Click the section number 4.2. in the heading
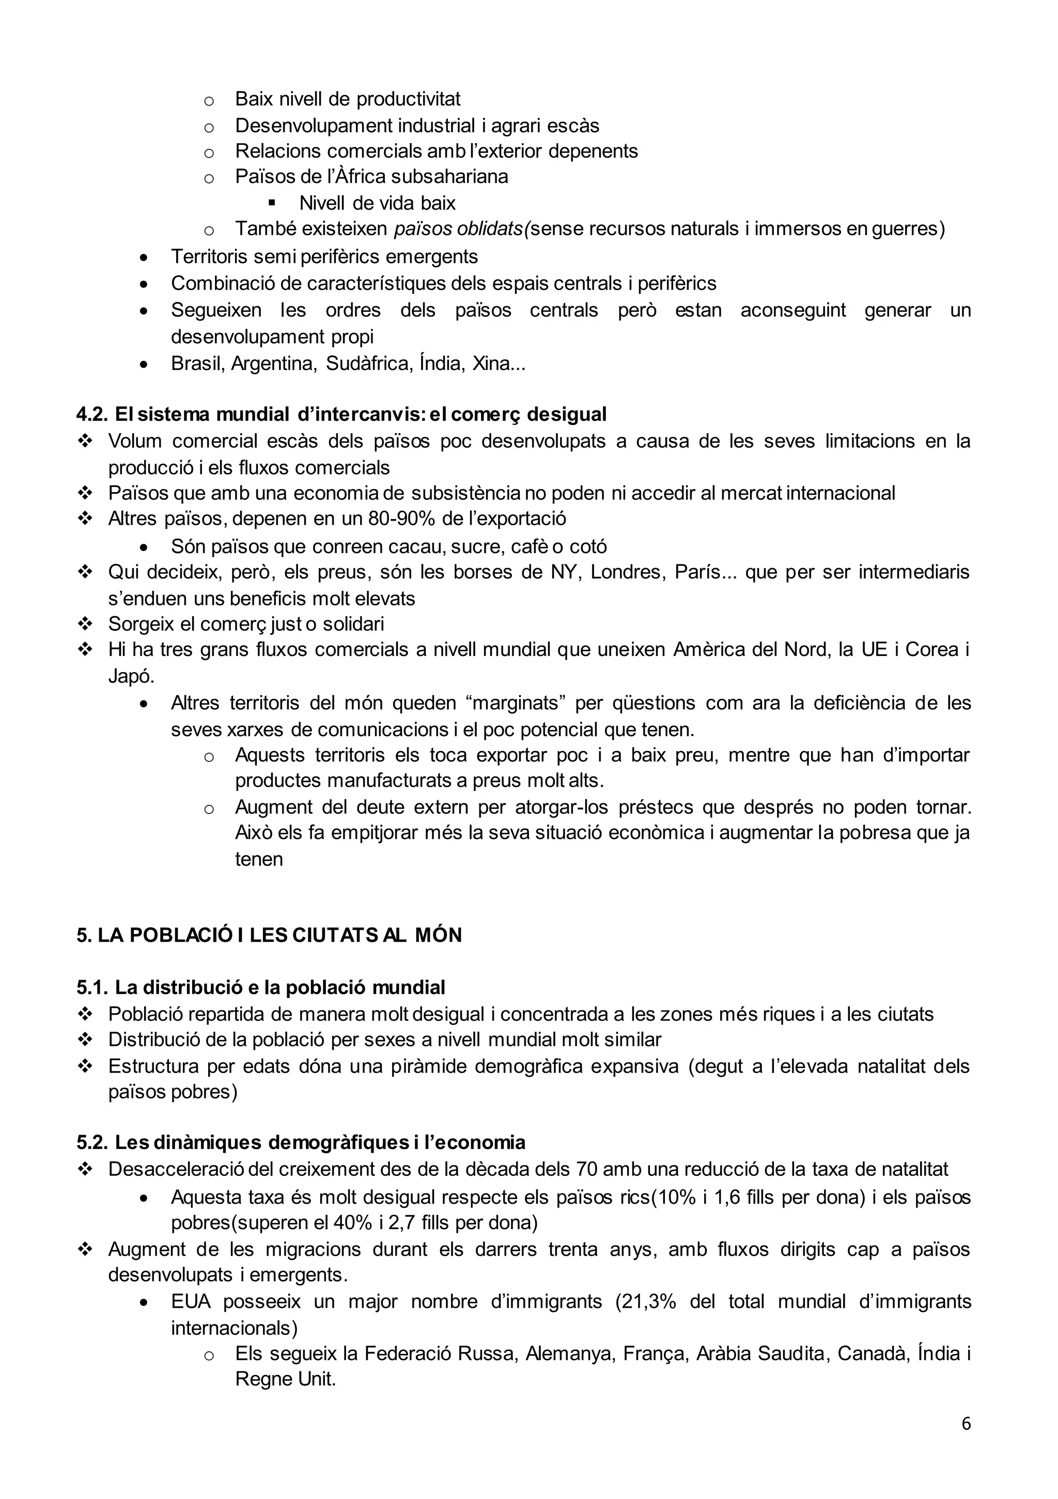92,414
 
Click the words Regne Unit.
285,1380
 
